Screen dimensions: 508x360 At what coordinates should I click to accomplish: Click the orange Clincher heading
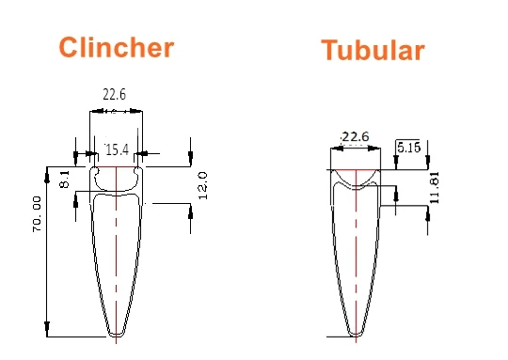117,47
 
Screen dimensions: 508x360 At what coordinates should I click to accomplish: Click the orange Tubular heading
373,50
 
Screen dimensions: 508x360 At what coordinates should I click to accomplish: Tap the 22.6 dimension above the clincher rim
115,95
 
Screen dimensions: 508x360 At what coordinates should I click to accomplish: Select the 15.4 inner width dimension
117,149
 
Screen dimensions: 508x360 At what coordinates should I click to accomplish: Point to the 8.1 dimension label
65,180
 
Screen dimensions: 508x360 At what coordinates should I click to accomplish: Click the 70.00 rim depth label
37,214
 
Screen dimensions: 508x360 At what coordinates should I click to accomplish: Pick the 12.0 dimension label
202,186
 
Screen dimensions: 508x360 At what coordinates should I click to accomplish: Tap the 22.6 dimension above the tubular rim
356,136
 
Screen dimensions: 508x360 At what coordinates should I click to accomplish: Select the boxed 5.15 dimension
408,148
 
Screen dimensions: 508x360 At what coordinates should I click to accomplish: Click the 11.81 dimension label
435,187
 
